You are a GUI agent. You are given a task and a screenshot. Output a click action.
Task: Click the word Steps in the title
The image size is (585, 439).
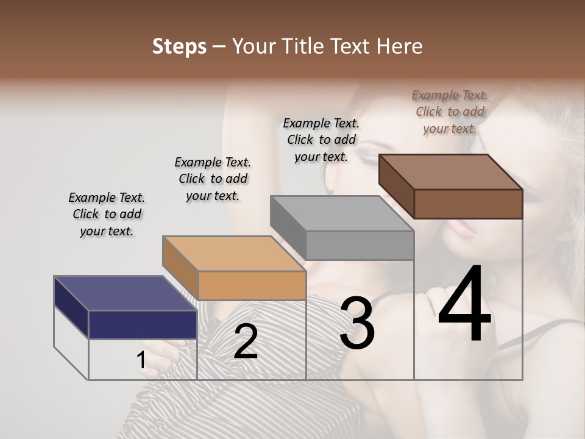pyautogui.click(x=179, y=46)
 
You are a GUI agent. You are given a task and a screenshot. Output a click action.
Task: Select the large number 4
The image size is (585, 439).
pyautogui.click(x=464, y=305)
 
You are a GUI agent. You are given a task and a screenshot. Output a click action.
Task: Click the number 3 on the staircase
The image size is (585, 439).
pyautogui.click(x=357, y=323)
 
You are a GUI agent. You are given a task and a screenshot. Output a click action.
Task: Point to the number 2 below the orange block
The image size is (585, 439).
pyautogui.click(x=246, y=341)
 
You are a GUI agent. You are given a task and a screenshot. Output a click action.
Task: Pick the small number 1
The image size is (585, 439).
pyautogui.click(x=141, y=360)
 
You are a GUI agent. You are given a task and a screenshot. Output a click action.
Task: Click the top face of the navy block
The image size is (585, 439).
pyautogui.click(x=125, y=293)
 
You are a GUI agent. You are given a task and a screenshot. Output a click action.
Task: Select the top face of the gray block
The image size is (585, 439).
pyautogui.click(x=342, y=213)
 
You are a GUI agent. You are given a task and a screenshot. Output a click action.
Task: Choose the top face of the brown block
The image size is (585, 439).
pyautogui.click(x=450, y=172)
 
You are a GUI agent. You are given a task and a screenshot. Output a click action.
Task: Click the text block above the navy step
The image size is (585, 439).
pyautogui.click(x=107, y=214)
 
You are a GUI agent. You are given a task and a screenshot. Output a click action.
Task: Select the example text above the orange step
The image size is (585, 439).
pyautogui.click(x=213, y=179)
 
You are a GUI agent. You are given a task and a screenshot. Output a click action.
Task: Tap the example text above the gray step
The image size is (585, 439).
pyautogui.click(x=321, y=140)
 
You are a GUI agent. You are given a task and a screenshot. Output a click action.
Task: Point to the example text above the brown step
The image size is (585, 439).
pyautogui.click(x=450, y=112)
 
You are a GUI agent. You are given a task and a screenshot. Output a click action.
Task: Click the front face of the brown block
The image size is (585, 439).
pyautogui.click(x=468, y=204)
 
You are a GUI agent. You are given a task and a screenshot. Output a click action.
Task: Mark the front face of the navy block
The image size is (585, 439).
pyautogui.click(x=143, y=324)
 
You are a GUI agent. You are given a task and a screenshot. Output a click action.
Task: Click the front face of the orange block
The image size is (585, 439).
pyautogui.click(x=252, y=285)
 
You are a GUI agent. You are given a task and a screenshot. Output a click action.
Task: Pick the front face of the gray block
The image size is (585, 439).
pyautogui.click(x=360, y=245)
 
